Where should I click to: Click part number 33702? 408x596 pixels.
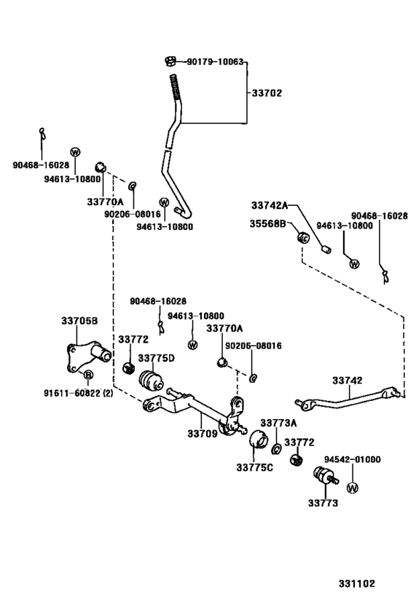(267, 93)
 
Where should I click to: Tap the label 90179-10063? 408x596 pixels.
(215, 62)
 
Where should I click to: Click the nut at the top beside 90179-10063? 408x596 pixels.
(170, 60)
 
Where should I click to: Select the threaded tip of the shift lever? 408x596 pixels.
(174, 87)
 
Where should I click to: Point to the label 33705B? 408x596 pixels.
(79, 321)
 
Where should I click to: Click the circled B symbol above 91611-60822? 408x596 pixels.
(88, 375)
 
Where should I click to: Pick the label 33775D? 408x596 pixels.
(156, 359)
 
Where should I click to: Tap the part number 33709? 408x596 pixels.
(202, 433)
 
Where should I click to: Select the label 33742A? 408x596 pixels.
(270, 206)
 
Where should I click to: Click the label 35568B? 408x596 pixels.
(267, 223)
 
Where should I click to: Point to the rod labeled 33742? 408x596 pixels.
(347, 399)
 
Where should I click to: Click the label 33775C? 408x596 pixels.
(254, 467)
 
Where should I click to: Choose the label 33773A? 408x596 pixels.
(278, 423)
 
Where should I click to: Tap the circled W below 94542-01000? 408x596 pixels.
(353, 488)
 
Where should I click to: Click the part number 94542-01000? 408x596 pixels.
(353, 459)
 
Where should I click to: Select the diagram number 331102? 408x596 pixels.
(357, 584)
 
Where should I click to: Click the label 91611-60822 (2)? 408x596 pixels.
(79, 393)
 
